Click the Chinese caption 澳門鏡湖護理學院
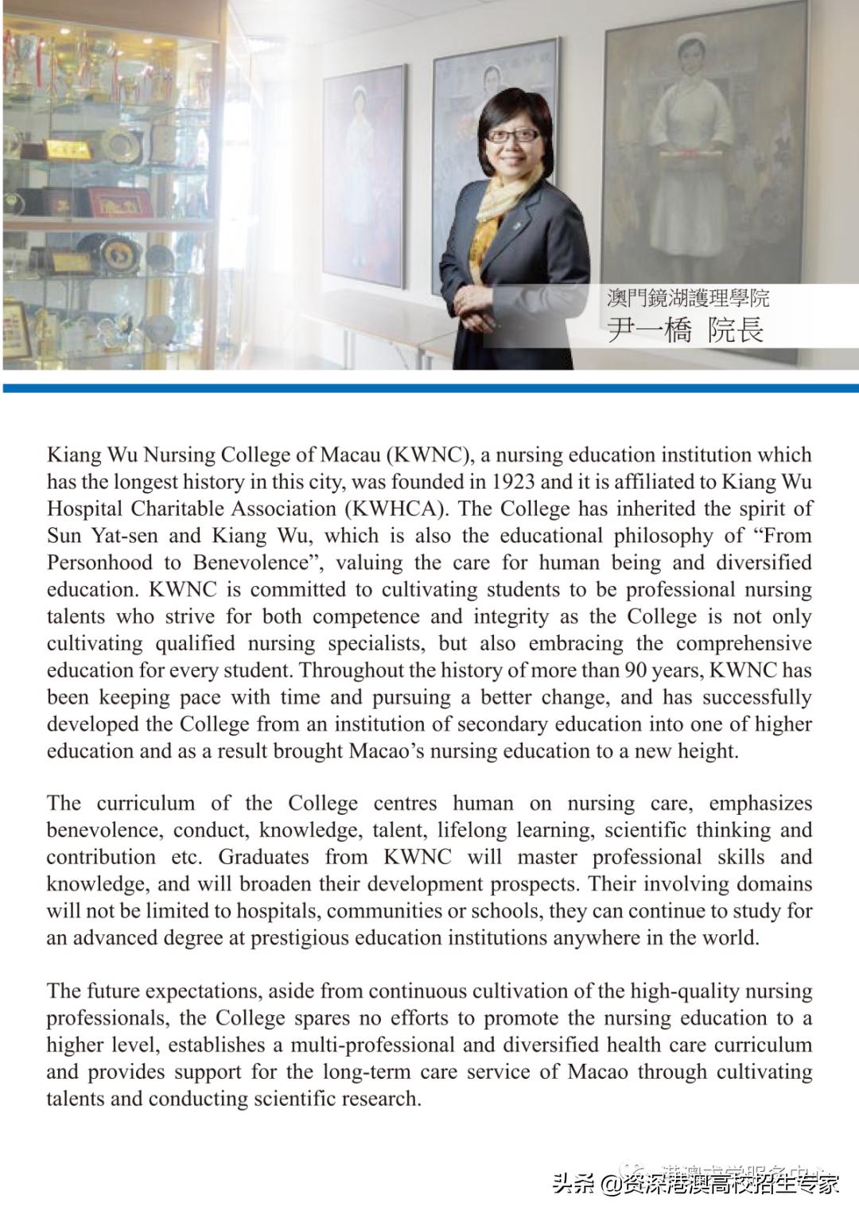point(687,298)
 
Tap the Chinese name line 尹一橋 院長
point(685,328)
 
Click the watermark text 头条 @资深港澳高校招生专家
point(696,1185)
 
